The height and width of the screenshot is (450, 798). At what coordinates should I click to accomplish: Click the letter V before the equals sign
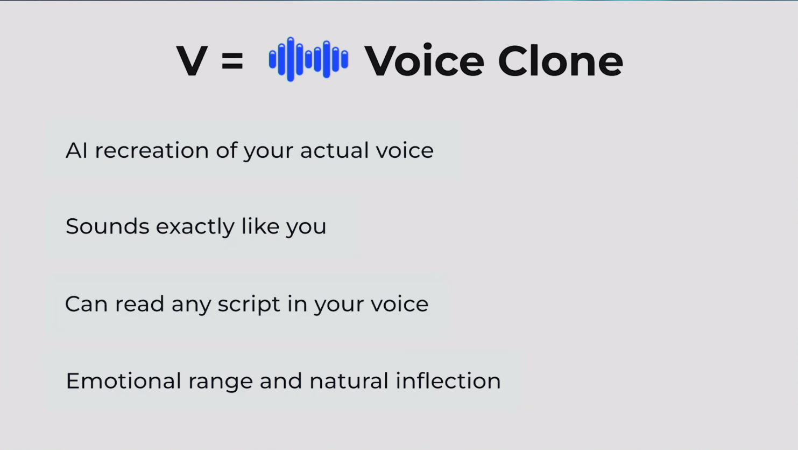(192, 60)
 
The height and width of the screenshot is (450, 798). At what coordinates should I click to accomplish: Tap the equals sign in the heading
(232, 61)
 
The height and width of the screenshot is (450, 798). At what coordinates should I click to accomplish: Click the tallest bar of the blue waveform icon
(291, 59)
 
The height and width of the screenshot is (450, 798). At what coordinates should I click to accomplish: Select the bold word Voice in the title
(425, 61)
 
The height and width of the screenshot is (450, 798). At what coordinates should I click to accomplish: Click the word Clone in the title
(560, 61)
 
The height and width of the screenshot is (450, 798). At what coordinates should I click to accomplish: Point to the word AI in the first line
(76, 150)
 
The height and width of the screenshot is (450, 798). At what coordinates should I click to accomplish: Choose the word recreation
(152, 150)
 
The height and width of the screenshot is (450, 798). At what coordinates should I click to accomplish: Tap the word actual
(334, 150)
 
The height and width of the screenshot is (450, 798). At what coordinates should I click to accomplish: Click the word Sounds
(107, 226)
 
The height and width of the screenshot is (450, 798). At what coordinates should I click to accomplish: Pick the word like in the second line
(260, 226)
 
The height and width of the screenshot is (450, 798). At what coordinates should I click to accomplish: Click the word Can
(86, 304)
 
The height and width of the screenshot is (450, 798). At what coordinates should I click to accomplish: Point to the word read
(139, 304)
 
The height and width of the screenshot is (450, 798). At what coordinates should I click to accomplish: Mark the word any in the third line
(192, 306)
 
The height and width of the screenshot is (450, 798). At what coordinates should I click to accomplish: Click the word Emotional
(123, 381)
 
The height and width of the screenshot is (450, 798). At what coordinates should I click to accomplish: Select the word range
(221, 383)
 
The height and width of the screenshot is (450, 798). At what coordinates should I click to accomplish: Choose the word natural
(349, 381)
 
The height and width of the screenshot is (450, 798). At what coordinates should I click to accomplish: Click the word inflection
(448, 380)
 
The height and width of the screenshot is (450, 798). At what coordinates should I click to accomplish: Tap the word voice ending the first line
(405, 150)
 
